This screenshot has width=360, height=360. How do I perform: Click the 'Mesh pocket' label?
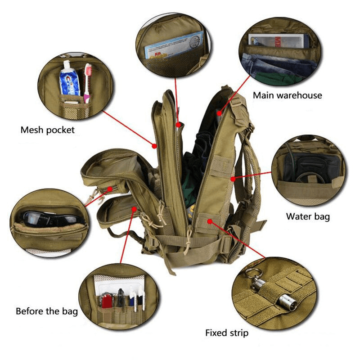click(47, 130)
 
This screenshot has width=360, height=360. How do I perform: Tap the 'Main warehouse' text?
click(287, 95)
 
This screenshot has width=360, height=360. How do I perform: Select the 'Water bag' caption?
click(308, 216)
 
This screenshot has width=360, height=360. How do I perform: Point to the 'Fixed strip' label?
click(226, 333)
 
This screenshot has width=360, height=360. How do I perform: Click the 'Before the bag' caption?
click(47, 311)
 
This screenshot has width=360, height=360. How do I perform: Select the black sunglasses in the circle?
click(49, 219)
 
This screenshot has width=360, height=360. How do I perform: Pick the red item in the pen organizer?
click(107, 300)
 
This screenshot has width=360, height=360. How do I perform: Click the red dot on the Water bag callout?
click(232, 179)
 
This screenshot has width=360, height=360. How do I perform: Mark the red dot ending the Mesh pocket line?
click(154, 145)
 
